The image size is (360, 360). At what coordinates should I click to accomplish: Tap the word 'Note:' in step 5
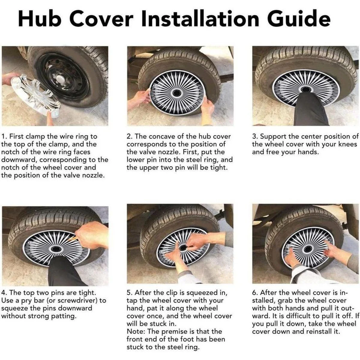136,331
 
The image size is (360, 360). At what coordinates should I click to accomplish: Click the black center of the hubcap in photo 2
176,93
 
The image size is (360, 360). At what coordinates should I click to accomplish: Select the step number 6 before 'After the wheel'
254,293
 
